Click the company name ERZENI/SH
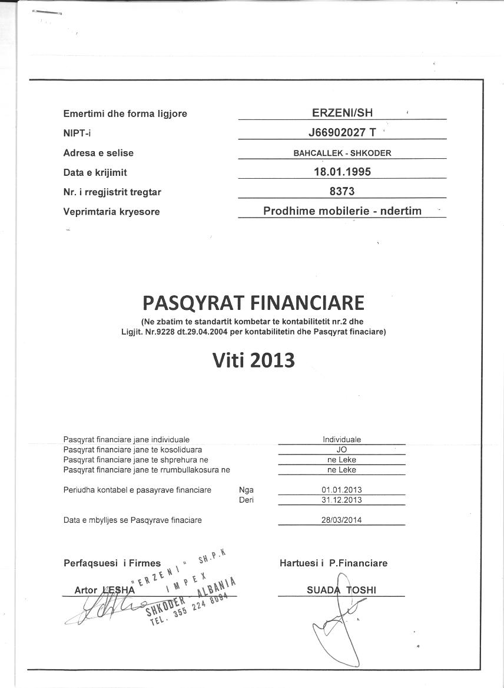pyautogui.click(x=342, y=113)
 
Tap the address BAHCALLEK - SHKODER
pyautogui.click(x=342, y=153)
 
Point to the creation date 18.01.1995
pyautogui.click(x=342, y=172)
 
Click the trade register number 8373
pyautogui.click(x=342, y=192)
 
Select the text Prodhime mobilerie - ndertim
pyautogui.click(x=342, y=211)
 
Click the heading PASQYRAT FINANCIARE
pyautogui.click(x=253, y=303)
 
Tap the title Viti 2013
pyautogui.click(x=253, y=360)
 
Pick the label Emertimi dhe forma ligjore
pyautogui.click(x=125, y=113)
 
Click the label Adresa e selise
pyautogui.click(x=98, y=153)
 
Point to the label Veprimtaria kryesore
pyautogui.click(x=111, y=212)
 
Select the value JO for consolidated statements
pyautogui.click(x=341, y=449)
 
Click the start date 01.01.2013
pyautogui.click(x=341, y=490)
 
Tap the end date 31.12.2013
pyautogui.click(x=341, y=500)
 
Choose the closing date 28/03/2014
pyautogui.click(x=341, y=520)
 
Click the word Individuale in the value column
pyautogui.click(x=341, y=439)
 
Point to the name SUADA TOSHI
pyautogui.click(x=341, y=590)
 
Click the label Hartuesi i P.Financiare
pyautogui.click(x=333, y=563)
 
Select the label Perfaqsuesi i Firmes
pyautogui.click(x=112, y=563)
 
